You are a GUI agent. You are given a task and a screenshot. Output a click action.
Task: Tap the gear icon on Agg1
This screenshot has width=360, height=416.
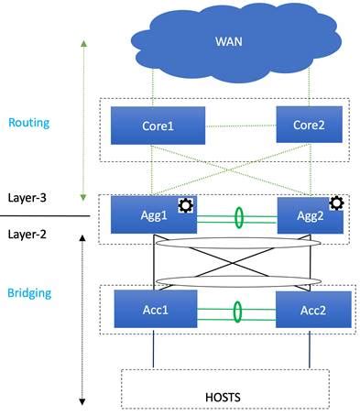coord(184,204)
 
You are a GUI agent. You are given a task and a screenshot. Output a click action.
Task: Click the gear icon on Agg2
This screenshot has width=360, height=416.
coord(336,203)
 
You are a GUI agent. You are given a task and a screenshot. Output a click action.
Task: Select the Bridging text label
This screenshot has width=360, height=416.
coord(27,293)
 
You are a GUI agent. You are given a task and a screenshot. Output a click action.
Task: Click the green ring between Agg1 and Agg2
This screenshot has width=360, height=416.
coord(239,218)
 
